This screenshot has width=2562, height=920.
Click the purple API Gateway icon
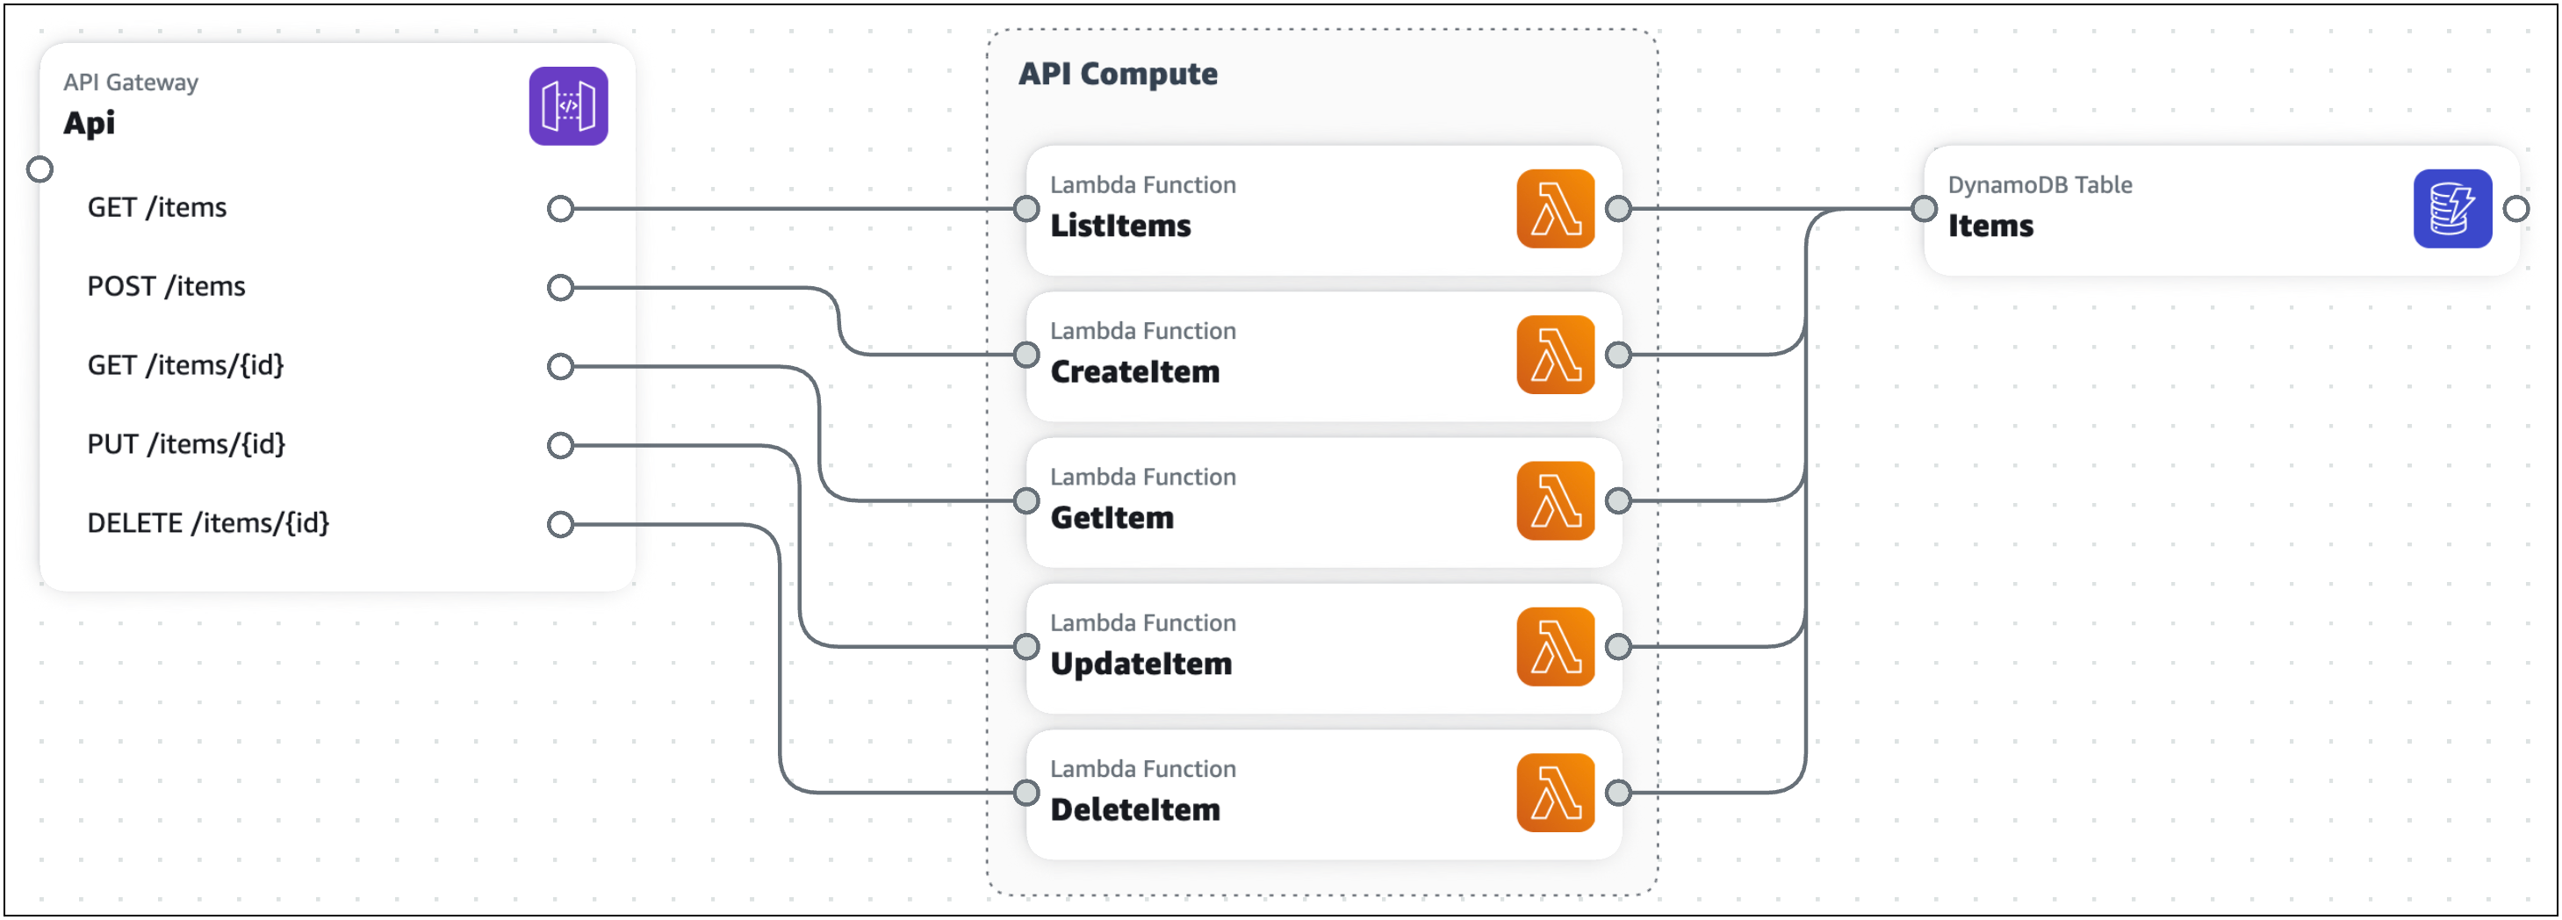(568, 106)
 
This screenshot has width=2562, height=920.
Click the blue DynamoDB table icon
(2451, 209)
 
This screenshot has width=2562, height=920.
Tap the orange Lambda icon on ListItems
(1555, 209)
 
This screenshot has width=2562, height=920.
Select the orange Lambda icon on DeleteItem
(1555, 793)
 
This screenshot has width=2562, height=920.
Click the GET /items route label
(157, 208)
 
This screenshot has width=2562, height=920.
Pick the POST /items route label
(166, 286)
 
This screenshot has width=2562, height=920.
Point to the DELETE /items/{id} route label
(208, 523)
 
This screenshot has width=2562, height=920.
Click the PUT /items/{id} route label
(186, 444)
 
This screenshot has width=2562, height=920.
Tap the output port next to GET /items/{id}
(561, 366)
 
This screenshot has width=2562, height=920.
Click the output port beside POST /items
(561, 287)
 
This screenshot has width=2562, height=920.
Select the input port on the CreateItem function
(1026, 354)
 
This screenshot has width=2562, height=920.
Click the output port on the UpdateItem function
(1618, 646)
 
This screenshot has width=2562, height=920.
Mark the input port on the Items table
(1924, 209)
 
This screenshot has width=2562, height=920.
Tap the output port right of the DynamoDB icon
(2515, 209)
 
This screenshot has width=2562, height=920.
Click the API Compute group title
(1117, 74)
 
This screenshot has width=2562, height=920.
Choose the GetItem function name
(1112, 518)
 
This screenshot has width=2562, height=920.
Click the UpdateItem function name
(1141, 664)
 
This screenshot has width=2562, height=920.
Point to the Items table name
(1990, 226)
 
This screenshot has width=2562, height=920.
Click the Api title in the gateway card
(90, 123)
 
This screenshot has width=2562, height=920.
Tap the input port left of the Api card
(40, 170)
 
